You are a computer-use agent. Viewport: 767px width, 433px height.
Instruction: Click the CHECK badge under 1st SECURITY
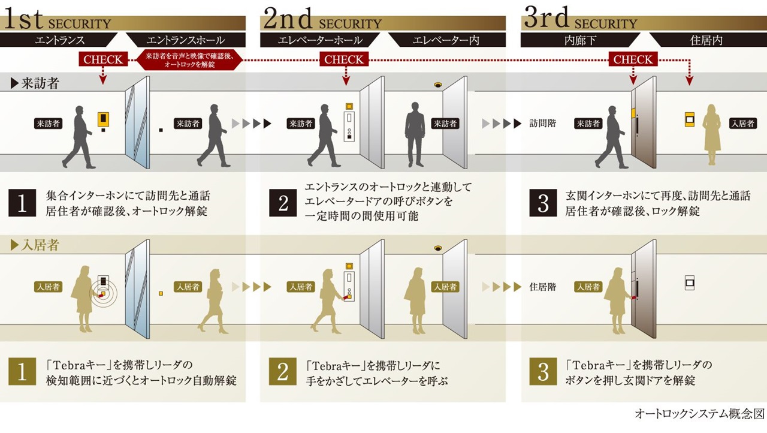pyautogui.click(x=103, y=59)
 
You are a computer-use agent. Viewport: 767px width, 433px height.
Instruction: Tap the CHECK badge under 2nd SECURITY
pyautogui.click(x=344, y=59)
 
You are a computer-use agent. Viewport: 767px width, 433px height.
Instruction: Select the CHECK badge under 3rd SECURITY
pyautogui.click(x=633, y=59)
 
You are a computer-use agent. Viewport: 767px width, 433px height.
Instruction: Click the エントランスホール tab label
pyautogui.click(x=186, y=40)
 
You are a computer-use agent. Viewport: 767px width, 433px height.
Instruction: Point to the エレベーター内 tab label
pyautogui.click(x=446, y=40)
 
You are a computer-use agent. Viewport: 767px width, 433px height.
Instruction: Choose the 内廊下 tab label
pyautogui.click(x=580, y=40)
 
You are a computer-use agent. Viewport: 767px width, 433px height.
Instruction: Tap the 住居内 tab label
pyautogui.click(x=706, y=40)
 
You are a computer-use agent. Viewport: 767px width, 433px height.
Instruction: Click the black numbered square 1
pyautogui.click(x=22, y=203)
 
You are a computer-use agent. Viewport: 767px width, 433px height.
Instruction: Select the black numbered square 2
pyautogui.click(x=283, y=203)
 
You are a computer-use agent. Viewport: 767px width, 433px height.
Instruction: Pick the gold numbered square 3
pyautogui.click(x=543, y=371)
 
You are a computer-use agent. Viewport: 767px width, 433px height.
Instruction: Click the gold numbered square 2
pyautogui.click(x=282, y=371)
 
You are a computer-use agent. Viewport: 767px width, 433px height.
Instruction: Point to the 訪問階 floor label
pyautogui.click(x=543, y=124)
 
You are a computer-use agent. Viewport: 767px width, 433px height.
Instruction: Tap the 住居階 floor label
pyautogui.click(x=543, y=287)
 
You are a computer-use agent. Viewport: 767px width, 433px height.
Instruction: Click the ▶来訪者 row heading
pyautogui.click(x=35, y=83)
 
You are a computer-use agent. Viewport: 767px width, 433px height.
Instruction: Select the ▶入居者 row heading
pyautogui.click(x=35, y=245)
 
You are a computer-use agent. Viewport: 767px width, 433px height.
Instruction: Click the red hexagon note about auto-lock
pyautogui.click(x=189, y=60)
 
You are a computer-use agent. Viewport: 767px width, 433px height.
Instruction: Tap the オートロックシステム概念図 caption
pyautogui.click(x=699, y=414)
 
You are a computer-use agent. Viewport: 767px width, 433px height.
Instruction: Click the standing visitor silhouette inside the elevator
pyautogui.click(x=415, y=134)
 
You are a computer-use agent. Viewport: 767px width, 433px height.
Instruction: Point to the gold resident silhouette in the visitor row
pyautogui.click(x=712, y=134)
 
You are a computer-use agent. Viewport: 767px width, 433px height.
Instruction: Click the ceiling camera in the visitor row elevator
pyautogui.click(x=438, y=85)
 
